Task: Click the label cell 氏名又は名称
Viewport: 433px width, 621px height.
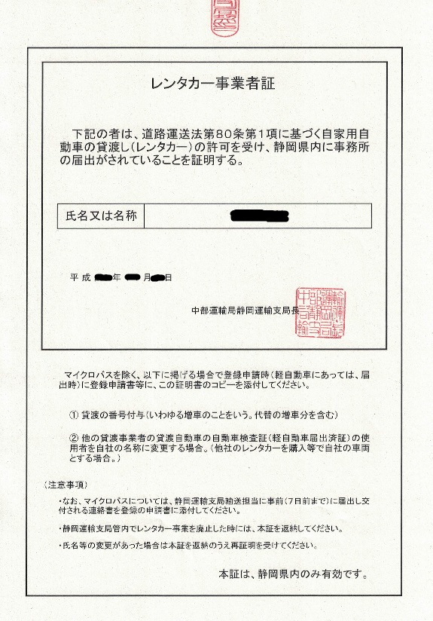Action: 100,216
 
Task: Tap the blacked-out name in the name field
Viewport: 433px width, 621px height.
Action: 259,216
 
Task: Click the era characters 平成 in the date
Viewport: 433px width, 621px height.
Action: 81,278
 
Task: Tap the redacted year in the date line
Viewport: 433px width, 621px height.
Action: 103,278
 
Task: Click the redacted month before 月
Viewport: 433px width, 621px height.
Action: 133,278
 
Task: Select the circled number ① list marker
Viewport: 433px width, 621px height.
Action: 74,415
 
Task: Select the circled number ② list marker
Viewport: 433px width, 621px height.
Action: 74,439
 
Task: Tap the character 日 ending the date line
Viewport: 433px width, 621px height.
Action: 169,278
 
